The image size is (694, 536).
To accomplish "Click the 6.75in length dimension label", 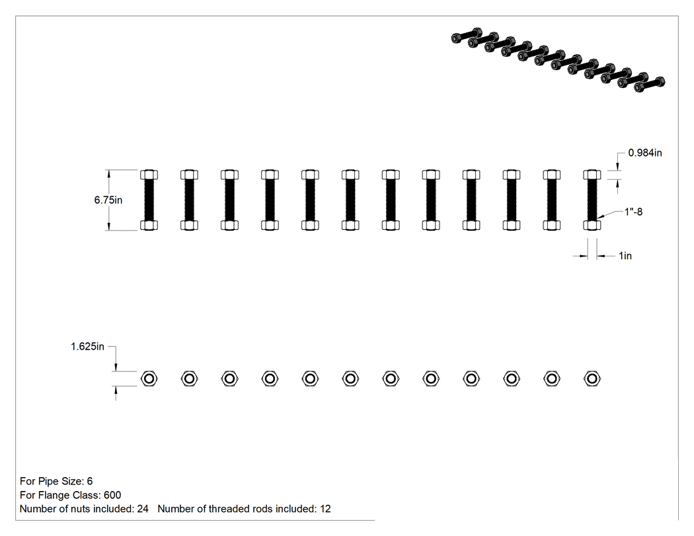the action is [x=108, y=200].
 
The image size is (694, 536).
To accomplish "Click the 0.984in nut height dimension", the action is [x=645, y=153].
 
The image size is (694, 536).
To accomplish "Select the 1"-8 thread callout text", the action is [x=633, y=211].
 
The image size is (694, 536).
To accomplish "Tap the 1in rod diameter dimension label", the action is [x=625, y=256].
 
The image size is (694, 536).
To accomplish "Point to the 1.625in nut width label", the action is [x=87, y=346].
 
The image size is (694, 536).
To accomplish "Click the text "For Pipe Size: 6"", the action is [x=56, y=481].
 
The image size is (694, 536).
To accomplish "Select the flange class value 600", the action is [x=112, y=495].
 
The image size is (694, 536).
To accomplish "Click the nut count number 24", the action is [x=143, y=509].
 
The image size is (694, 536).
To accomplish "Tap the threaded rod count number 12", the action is [x=325, y=509].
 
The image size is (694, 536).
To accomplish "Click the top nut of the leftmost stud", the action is [x=149, y=174].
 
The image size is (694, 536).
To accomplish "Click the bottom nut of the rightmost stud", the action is [x=592, y=225].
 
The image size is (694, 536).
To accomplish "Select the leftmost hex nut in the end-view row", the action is [x=149, y=379].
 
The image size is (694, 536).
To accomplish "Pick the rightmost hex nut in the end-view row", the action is [x=592, y=379].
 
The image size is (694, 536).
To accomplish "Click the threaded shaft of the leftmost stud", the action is [x=149, y=200].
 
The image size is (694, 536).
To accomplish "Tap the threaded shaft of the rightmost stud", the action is [x=592, y=200].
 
